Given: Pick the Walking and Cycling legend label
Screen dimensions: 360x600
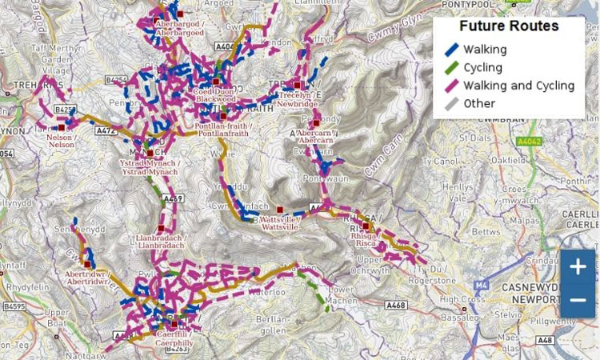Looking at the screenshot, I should [x=518, y=86].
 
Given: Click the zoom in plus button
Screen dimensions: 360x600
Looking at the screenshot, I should [x=578, y=267].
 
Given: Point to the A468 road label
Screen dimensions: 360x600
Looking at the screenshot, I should [x=394, y=305].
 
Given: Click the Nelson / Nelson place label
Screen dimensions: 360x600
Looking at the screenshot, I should [x=61, y=140].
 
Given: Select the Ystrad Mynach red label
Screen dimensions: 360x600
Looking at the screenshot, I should [x=149, y=166].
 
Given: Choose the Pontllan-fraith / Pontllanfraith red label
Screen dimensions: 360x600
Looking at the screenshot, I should [x=223, y=130].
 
